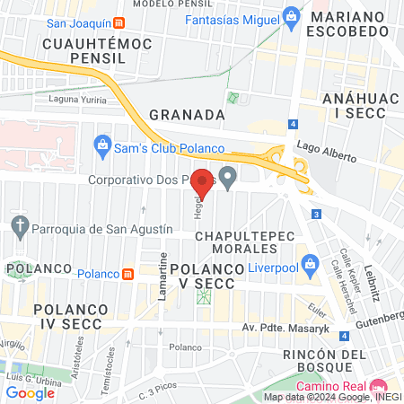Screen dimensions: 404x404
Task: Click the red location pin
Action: [203, 182]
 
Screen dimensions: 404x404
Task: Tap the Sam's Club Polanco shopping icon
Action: [102, 144]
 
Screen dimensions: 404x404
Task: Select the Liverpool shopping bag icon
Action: [311, 264]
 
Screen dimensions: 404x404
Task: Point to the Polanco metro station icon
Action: [128, 273]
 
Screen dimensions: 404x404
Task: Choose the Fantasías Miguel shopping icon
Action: [290, 15]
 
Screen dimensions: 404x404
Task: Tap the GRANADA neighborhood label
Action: [187, 115]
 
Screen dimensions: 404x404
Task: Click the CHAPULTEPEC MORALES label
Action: [240, 243]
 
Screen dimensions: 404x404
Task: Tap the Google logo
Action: [31, 392]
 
